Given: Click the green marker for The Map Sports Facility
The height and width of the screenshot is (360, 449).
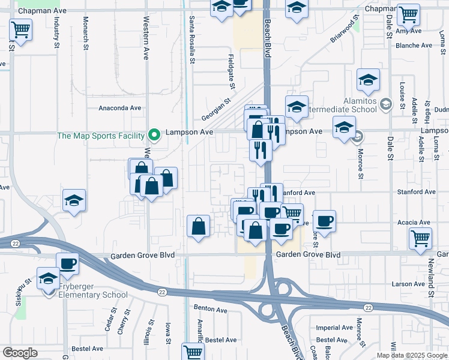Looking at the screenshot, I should (x=154, y=135).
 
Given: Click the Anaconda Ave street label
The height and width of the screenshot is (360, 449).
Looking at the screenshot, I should (x=119, y=108).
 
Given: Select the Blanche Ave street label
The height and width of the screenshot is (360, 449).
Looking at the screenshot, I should (x=414, y=45).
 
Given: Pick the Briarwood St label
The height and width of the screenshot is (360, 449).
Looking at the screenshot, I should (x=343, y=31).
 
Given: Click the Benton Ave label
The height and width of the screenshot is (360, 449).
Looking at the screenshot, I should (x=210, y=310).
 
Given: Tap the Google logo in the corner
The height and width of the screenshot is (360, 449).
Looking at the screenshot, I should (x=20, y=353).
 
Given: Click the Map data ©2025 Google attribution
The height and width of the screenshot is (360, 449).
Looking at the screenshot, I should (x=412, y=355).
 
